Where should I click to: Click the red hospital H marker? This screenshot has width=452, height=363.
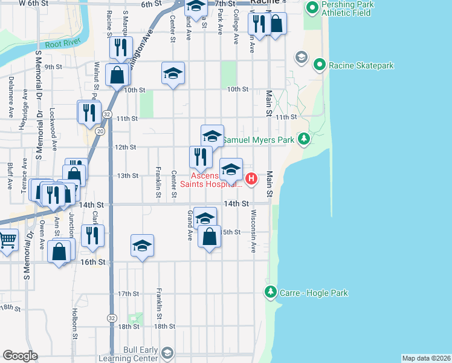[x=251, y=178]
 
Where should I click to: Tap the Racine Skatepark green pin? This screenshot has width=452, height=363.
[x=319, y=65]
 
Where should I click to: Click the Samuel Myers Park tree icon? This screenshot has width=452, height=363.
[x=306, y=140]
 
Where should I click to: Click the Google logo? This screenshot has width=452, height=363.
[x=20, y=356]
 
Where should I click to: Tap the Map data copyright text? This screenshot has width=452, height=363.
[x=426, y=358]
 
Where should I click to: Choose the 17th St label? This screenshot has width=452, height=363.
[x=128, y=294]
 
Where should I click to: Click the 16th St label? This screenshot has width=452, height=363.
[x=93, y=262]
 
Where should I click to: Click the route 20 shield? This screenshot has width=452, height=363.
[x=100, y=131]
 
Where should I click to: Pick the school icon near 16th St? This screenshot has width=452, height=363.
[x=142, y=246]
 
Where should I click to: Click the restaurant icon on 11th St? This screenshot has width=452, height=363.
[x=88, y=112]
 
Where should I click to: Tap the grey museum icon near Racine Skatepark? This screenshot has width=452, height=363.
[x=300, y=57]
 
